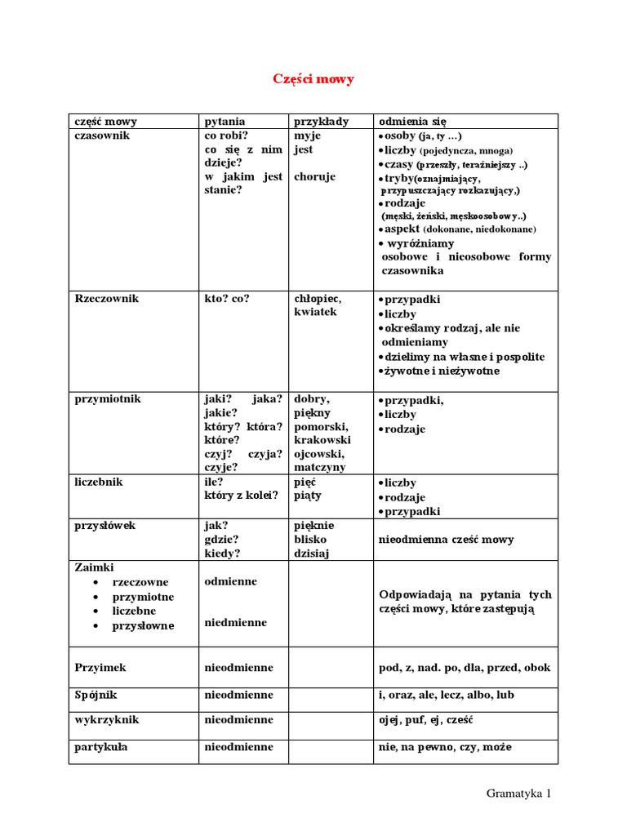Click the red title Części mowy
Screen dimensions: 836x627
[x=313, y=79]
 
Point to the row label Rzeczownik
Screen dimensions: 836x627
[x=106, y=298]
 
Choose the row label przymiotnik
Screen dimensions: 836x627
[x=107, y=398]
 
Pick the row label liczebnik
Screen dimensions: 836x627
[x=98, y=482]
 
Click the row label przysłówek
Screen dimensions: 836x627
[x=104, y=526]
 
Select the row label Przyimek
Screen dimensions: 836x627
[x=100, y=667]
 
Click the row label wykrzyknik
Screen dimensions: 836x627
[x=106, y=720]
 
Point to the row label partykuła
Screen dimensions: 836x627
[x=100, y=746]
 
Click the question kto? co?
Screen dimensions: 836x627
[x=227, y=298]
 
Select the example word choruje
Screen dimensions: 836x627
[x=314, y=176]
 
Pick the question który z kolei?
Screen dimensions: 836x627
[x=242, y=496]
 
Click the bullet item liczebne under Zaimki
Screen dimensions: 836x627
[x=135, y=611]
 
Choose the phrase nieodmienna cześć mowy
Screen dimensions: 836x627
[x=447, y=540]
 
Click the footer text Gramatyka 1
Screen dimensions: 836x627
[x=518, y=793]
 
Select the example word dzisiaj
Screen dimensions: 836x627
[x=313, y=554]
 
